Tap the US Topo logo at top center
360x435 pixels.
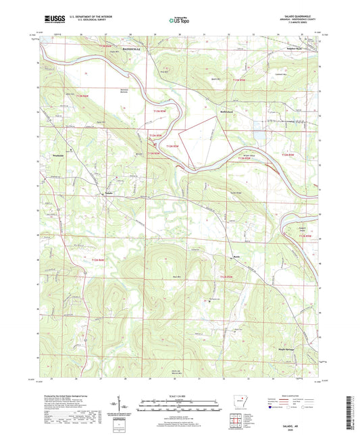tap(179, 20)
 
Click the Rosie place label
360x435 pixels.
tap(236, 256)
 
